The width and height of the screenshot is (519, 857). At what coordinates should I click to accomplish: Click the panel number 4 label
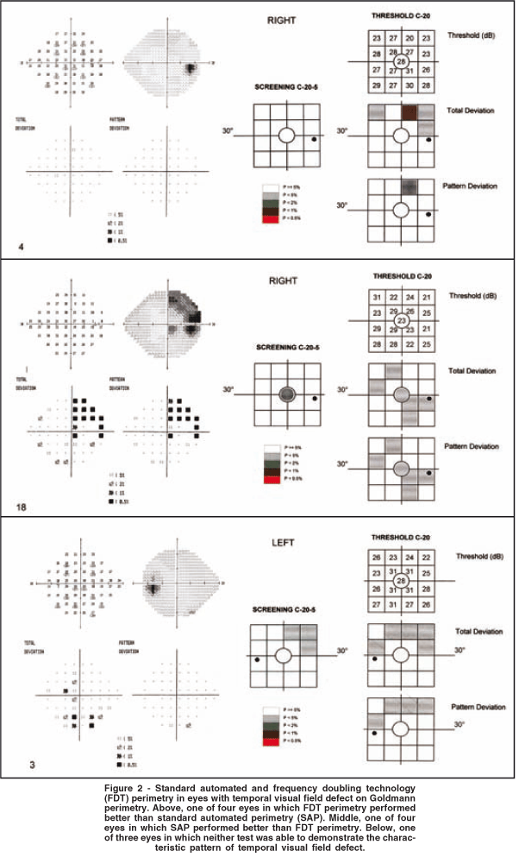[x=21, y=248]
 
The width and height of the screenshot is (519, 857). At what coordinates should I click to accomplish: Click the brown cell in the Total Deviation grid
[x=410, y=111]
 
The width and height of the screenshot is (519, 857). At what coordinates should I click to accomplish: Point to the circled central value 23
[x=401, y=321]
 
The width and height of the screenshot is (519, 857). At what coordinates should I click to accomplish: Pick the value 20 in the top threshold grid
[x=410, y=39]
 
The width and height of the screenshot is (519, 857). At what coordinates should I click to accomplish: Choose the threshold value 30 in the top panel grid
[x=410, y=86]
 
